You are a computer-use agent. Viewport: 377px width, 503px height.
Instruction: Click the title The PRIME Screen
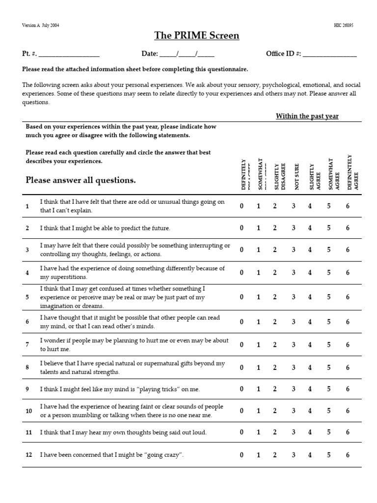[189, 35]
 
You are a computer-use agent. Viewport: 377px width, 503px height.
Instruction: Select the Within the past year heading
[307, 116]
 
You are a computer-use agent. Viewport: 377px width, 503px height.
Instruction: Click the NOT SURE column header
[296, 176]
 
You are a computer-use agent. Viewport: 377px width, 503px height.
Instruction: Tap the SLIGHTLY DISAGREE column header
[279, 176]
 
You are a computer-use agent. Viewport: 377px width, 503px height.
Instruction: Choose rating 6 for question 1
[348, 206]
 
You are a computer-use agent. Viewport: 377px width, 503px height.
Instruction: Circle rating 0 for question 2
[242, 228]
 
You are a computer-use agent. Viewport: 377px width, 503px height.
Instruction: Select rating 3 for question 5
[294, 297]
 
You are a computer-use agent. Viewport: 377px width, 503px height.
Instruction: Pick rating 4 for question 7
[310, 345]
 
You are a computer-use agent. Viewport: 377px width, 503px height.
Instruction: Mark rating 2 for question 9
[275, 389]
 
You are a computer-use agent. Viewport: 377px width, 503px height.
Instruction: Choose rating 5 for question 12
[329, 455]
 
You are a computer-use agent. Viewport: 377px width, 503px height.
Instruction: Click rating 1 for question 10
[258, 411]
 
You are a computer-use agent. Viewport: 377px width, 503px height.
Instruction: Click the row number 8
[27, 367]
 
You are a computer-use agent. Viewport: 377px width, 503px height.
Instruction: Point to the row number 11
[28, 433]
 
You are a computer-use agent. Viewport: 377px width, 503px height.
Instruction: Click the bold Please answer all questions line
[81, 180]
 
